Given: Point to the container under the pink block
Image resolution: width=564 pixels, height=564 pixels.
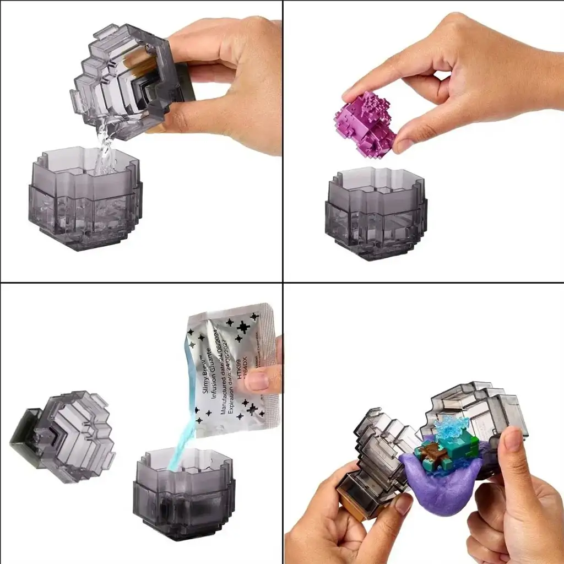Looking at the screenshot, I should pyautogui.click(x=376, y=215).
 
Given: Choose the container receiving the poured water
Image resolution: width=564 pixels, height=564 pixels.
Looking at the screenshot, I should pyautogui.click(x=85, y=198).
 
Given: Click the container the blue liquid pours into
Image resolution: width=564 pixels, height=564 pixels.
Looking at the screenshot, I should pyautogui.click(x=185, y=496).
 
